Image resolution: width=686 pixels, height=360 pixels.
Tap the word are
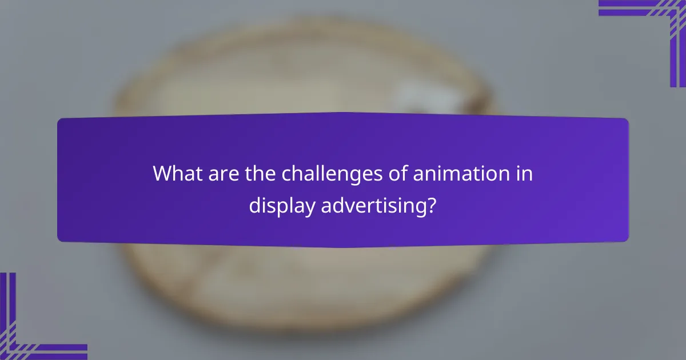(214, 174)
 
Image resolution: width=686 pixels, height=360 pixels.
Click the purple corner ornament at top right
(657, 23)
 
